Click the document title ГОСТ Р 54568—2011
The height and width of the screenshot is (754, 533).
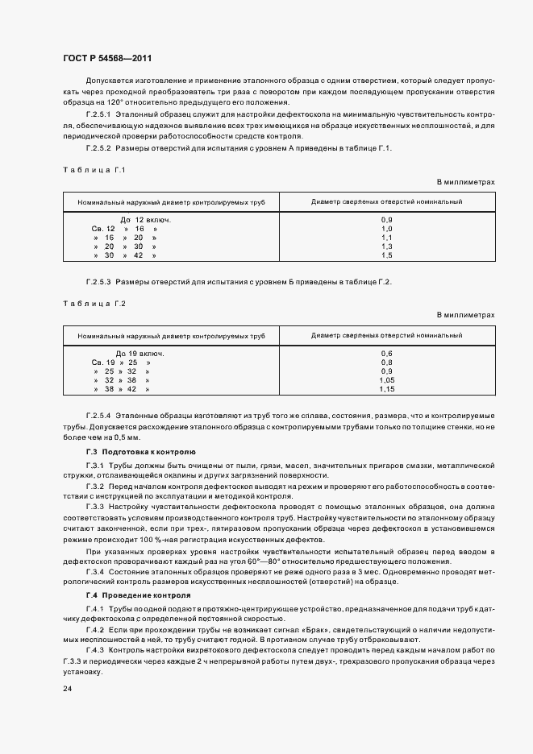click(107, 59)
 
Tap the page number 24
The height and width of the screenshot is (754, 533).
click(67, 689)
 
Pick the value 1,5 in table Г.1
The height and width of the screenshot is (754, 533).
click(386, 255)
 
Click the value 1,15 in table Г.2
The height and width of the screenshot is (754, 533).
click(386, 389)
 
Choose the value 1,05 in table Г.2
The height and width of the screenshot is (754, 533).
click(386, 380)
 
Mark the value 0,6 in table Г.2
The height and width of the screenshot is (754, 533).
click(386, 354)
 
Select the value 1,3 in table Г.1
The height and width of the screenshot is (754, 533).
click(386, 246)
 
